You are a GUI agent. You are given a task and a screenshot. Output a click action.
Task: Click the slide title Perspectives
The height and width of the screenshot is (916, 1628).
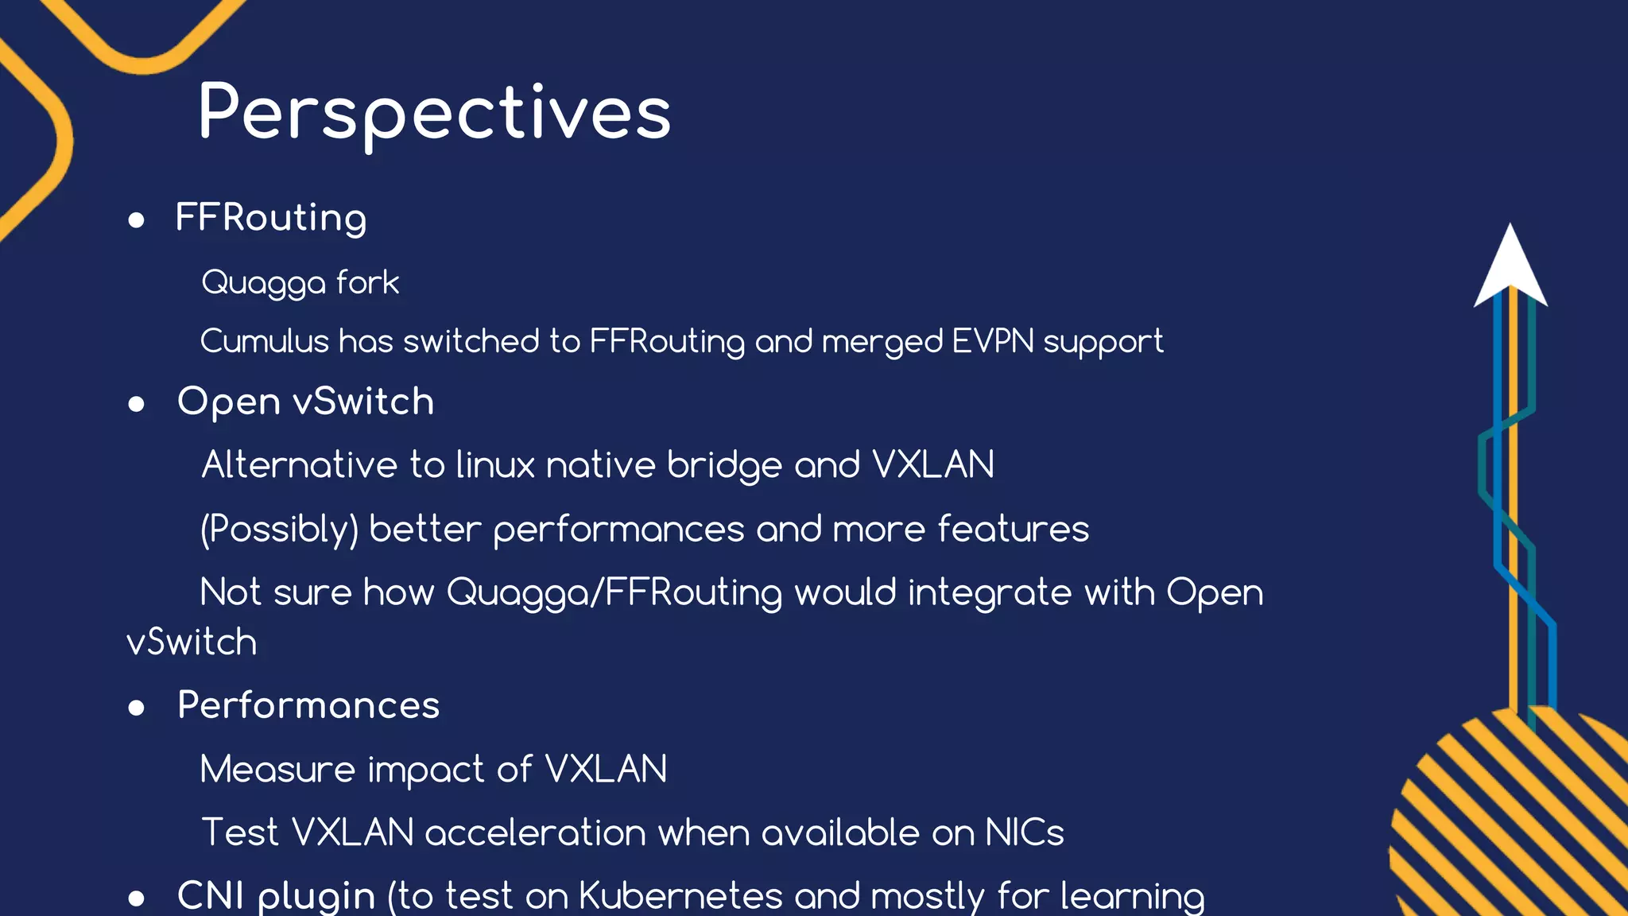tap(435, 113)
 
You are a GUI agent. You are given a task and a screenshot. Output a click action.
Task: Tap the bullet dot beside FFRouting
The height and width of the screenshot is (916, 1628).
tap(137, 220)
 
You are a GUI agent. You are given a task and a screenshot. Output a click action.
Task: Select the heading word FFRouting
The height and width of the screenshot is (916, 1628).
tap(271, 218)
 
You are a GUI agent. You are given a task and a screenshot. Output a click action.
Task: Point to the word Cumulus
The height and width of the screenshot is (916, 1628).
tap(264, 341)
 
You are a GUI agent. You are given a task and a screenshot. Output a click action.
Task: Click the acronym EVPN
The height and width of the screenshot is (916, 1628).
tap(993, 341)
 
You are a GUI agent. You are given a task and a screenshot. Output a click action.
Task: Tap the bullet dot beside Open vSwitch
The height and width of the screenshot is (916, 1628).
tap(137, 404)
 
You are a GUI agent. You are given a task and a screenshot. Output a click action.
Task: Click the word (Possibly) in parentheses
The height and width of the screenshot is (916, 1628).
tap(279, 530)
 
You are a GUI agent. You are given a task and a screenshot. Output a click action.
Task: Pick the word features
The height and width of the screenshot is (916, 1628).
tap(1013, 530)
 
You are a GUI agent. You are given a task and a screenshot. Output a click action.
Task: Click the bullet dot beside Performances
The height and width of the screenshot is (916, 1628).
tap(137, 708)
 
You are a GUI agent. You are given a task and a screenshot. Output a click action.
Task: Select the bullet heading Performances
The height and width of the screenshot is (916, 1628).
tap(308, 705)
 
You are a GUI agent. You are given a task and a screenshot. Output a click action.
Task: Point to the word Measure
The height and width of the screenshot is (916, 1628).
tap(277, 770)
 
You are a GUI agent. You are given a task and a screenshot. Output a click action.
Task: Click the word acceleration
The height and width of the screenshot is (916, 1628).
tap(536, 833)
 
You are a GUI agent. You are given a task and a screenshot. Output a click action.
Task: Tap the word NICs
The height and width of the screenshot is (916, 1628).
tap(1024, 833)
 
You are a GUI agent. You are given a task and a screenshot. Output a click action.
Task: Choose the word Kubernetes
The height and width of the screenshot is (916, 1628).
tap(680, 896)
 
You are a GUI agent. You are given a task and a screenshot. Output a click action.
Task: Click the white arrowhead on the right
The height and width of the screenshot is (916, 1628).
tap(1510, 267)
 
